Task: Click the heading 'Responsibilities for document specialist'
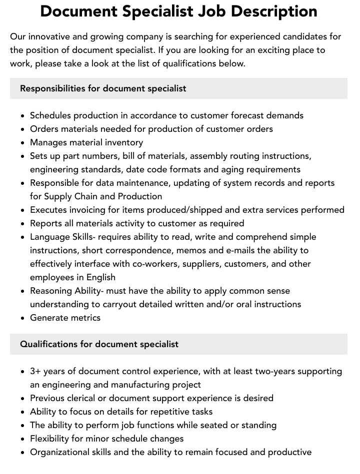tap(103, 88)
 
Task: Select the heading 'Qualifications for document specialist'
tap(99, 344)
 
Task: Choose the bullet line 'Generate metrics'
tap(65, 318)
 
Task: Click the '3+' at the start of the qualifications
tap(35, 371)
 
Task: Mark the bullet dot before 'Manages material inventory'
tap(23, 143)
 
